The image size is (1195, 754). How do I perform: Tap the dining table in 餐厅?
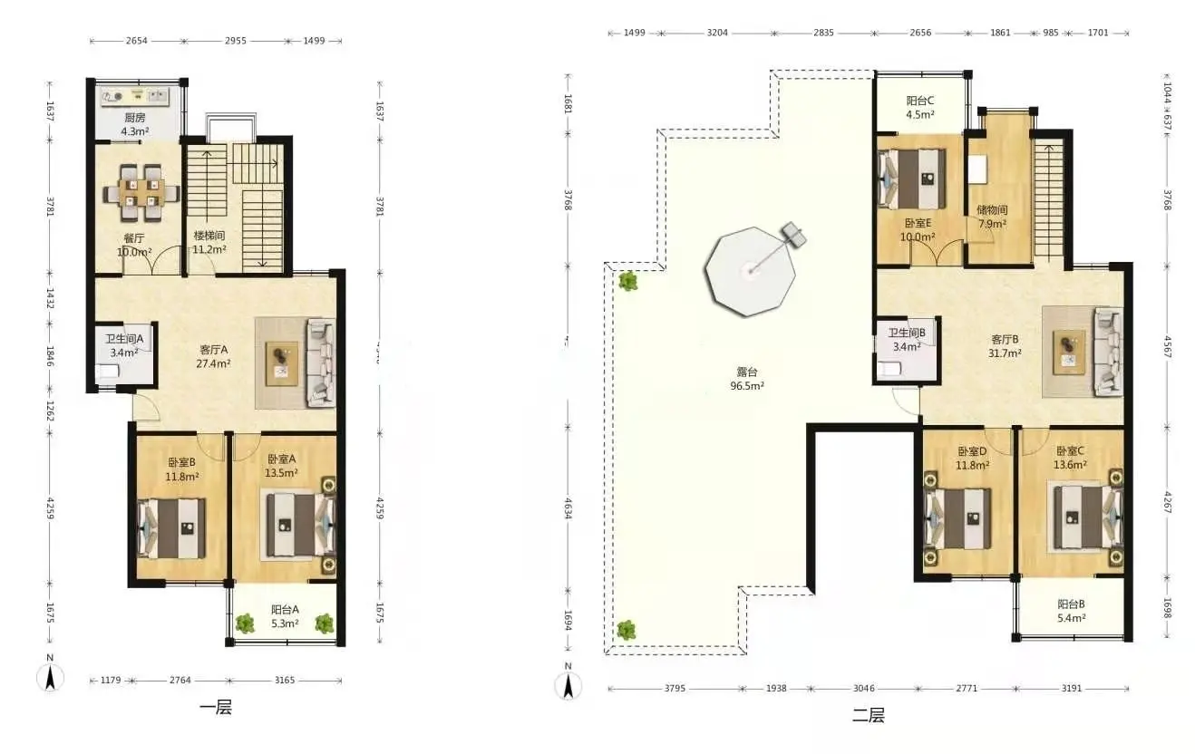coord(141,193)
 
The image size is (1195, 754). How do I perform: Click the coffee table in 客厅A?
coord(282,363)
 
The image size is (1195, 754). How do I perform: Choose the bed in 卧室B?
coord(171,528)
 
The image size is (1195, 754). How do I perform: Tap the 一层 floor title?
coord(216,708)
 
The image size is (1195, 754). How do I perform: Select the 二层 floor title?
coord(869,716)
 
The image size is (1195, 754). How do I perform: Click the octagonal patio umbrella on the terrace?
coord(750,271)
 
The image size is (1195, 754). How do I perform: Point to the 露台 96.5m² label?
coord(747,379)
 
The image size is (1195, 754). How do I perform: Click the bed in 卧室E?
coord(912,179)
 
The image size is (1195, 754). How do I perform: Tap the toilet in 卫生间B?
coord(889,369)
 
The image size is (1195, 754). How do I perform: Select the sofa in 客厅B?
coord(1109,352)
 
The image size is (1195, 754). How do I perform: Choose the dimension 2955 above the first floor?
coord(235,41)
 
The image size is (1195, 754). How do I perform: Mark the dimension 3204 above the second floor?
coord(717,33)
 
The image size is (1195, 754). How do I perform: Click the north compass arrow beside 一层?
coord(50,678)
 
